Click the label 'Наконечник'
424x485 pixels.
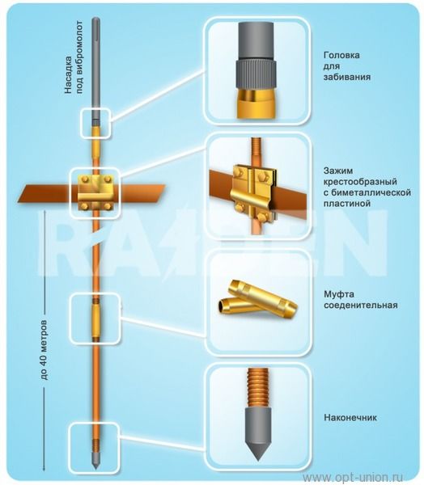(350, 418)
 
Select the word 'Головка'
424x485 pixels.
(341, 55)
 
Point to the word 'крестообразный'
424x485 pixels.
(360, 182)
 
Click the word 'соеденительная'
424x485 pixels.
(361, 306)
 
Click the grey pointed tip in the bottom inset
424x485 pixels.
(257, 433)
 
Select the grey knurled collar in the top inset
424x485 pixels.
(256, 74)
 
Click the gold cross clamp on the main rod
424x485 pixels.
(95, 192)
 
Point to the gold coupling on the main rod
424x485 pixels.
(96, 318)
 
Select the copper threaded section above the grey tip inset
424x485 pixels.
(257, 388)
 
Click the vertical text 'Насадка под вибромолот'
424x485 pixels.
(74, 57)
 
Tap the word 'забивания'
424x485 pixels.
(347, 77)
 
